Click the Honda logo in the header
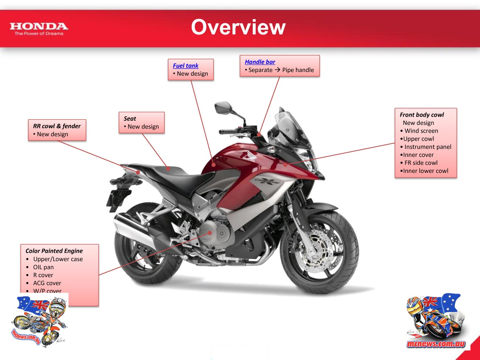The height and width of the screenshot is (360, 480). click(39, 28)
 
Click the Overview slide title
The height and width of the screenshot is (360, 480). click(238, 27)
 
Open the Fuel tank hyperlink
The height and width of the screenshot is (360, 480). click(186, 66)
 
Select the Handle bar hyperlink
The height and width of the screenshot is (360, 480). click(260, 62)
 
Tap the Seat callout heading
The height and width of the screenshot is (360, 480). click(130, 118)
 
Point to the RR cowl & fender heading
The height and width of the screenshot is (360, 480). click(57, 126)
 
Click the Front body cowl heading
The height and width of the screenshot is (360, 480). click(421, 115)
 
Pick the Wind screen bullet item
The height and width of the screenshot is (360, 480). click(421, 131)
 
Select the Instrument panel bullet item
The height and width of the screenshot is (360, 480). click(427, 147)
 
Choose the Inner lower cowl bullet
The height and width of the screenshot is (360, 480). click(425, 171)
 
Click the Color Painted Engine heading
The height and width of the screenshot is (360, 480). click(54, 251)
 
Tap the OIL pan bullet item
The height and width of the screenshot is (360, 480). click(43, 267)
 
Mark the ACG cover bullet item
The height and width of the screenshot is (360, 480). click(47, 283)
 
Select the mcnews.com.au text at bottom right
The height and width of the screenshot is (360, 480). click(436, 343)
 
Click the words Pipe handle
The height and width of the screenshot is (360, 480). click(298, 70)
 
